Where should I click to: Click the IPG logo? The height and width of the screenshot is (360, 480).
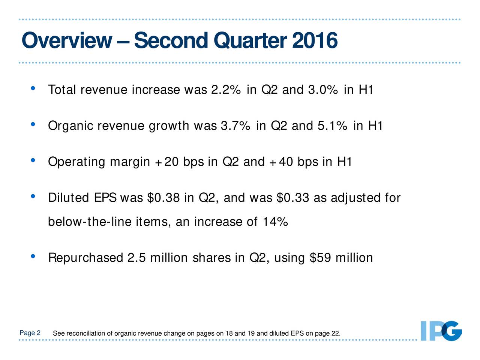click(441, 331)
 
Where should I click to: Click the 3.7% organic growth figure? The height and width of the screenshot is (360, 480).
click(235, 126)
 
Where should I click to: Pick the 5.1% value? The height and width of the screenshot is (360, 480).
click(332, 126)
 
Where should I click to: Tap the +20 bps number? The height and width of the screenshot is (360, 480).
click(166, 162)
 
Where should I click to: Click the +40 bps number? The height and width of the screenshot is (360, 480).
click(281, 162)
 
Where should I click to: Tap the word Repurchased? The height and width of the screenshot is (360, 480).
click(85, 258)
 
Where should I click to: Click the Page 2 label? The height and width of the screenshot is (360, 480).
click(30, 333)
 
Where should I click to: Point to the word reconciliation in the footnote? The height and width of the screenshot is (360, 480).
click(85, 334)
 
